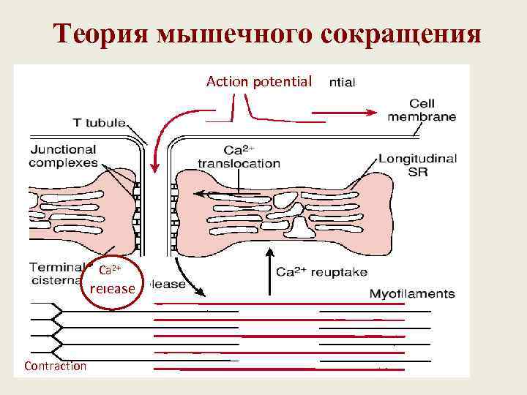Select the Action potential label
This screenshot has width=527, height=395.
(x=259, y=80)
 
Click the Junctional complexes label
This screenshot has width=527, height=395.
(x=64, y=156)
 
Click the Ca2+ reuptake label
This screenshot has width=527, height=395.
(x=321, y=271)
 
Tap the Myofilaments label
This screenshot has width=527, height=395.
(x=412, y=294)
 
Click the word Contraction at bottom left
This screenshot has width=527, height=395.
(x=55, y=366)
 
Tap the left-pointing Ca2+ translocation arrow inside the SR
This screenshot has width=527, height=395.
(x=209, y=194)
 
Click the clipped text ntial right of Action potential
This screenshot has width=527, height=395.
(x=342, y=83)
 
